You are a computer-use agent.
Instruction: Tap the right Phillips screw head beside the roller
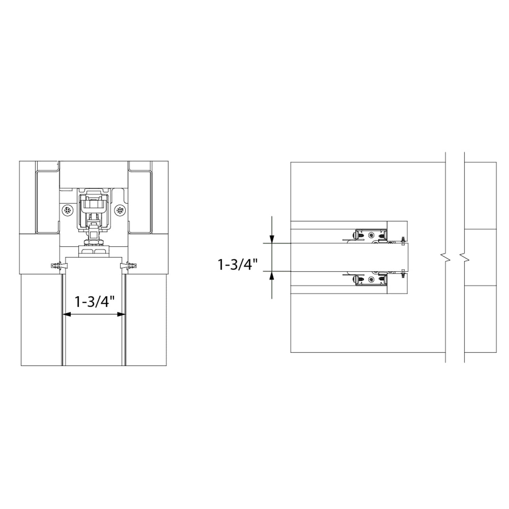click(x=120, y=210)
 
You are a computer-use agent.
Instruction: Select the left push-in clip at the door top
click(x=56, y=265)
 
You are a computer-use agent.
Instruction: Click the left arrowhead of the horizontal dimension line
click(x=67, y=315)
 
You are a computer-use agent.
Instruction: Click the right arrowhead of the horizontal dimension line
click(x=121, y=315)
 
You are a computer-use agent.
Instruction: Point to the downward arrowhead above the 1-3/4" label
click(x=271, y=239)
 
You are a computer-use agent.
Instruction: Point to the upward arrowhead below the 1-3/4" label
click(x=271, y=276)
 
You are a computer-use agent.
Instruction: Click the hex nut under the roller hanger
click(x=94, y=242)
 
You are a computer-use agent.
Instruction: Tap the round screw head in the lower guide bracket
click(x=372, y=280)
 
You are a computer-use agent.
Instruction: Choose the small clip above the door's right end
click(x=403, y=240)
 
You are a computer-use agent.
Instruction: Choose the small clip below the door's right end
click(x=403, y=274)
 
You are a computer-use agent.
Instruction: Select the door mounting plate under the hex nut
click(x=94, y=251)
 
